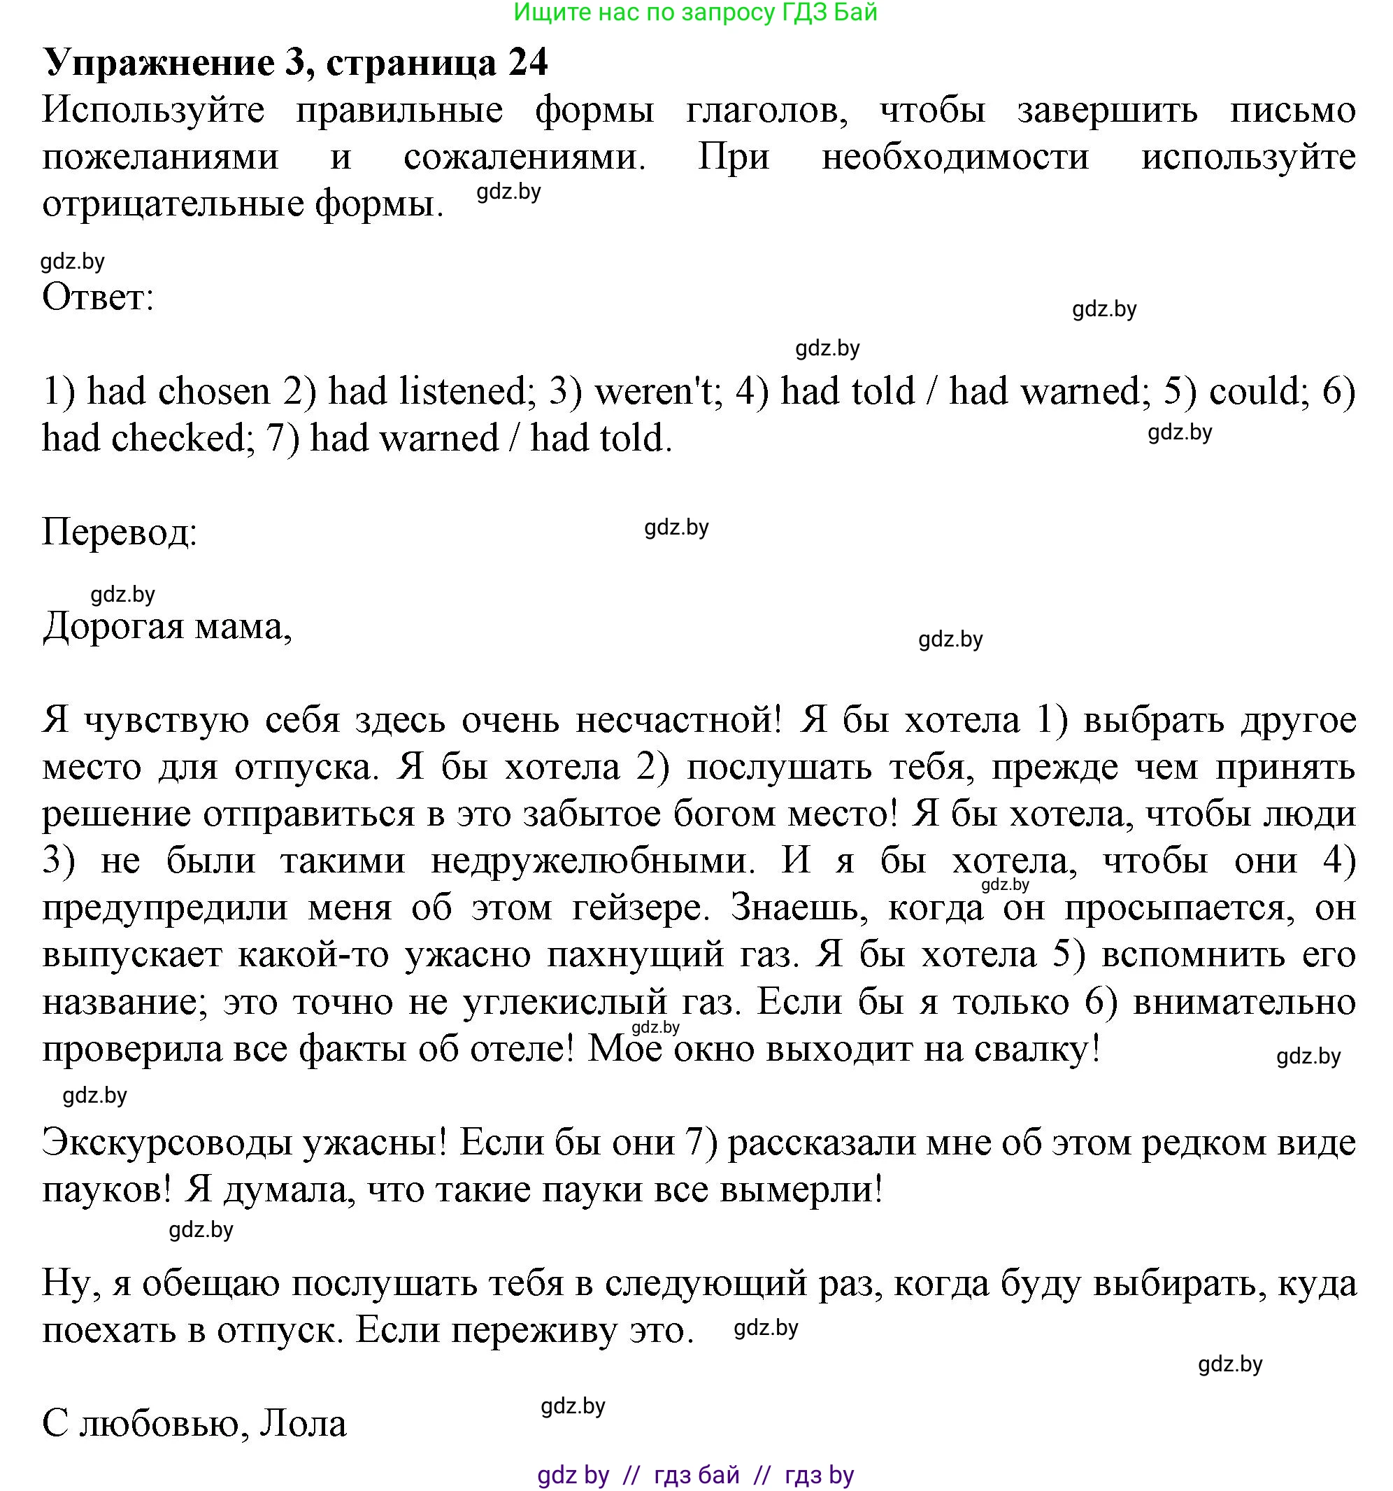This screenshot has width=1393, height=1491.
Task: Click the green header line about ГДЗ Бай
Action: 695,13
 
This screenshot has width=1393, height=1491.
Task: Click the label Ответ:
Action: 97,298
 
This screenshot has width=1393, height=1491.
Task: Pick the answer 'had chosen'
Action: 178,393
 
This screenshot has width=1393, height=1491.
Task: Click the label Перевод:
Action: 119,533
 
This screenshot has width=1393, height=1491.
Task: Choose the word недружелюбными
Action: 593,861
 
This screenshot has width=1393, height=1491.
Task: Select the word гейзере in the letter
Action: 641,908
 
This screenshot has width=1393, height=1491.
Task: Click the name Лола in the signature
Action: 303,1425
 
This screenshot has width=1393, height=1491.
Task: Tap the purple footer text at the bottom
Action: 695,1475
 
